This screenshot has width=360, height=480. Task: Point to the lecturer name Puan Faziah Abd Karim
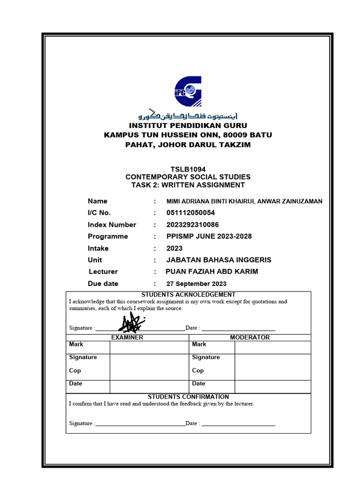[x=212, y=271]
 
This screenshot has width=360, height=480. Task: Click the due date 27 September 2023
[x=196, y=284]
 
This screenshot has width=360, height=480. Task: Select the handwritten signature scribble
[x=133, y=322]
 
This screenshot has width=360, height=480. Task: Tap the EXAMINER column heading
[x=127, y=337]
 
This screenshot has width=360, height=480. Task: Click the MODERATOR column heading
[x=249, y=337]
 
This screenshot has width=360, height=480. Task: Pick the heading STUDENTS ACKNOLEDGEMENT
[x=188, y=294]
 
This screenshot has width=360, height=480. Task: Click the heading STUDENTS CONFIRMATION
[x=188, y=397]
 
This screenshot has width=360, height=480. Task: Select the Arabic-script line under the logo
[x=187, y=115]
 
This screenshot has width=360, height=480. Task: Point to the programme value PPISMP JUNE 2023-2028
[x=209, y=236]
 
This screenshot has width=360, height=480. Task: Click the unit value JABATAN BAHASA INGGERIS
[x=219, y=260]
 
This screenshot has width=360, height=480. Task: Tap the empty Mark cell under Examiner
[x=149, y=347]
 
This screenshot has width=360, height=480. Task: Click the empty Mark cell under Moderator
[x=272, y=347]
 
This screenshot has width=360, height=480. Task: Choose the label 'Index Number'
[x=112, y=225]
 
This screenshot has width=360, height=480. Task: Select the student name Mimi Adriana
[x=244, y=201]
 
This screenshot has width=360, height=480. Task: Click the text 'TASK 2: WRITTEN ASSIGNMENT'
[x=187, y=185]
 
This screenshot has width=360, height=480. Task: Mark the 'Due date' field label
[x=103, y=284]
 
